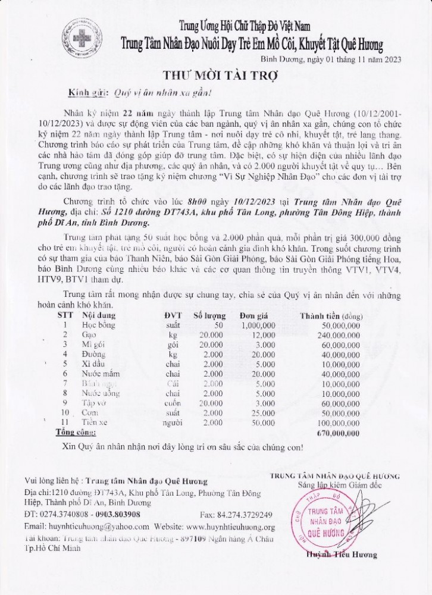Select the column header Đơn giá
[x=255, y=315]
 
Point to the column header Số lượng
[x=209, y=315]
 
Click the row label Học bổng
[x=98, y=325]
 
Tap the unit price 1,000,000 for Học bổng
[x=258, y=325]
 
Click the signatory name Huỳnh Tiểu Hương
[x=342, y=555]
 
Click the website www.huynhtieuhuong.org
[x=230, y=527]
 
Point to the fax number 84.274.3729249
[x=246, y=515]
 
